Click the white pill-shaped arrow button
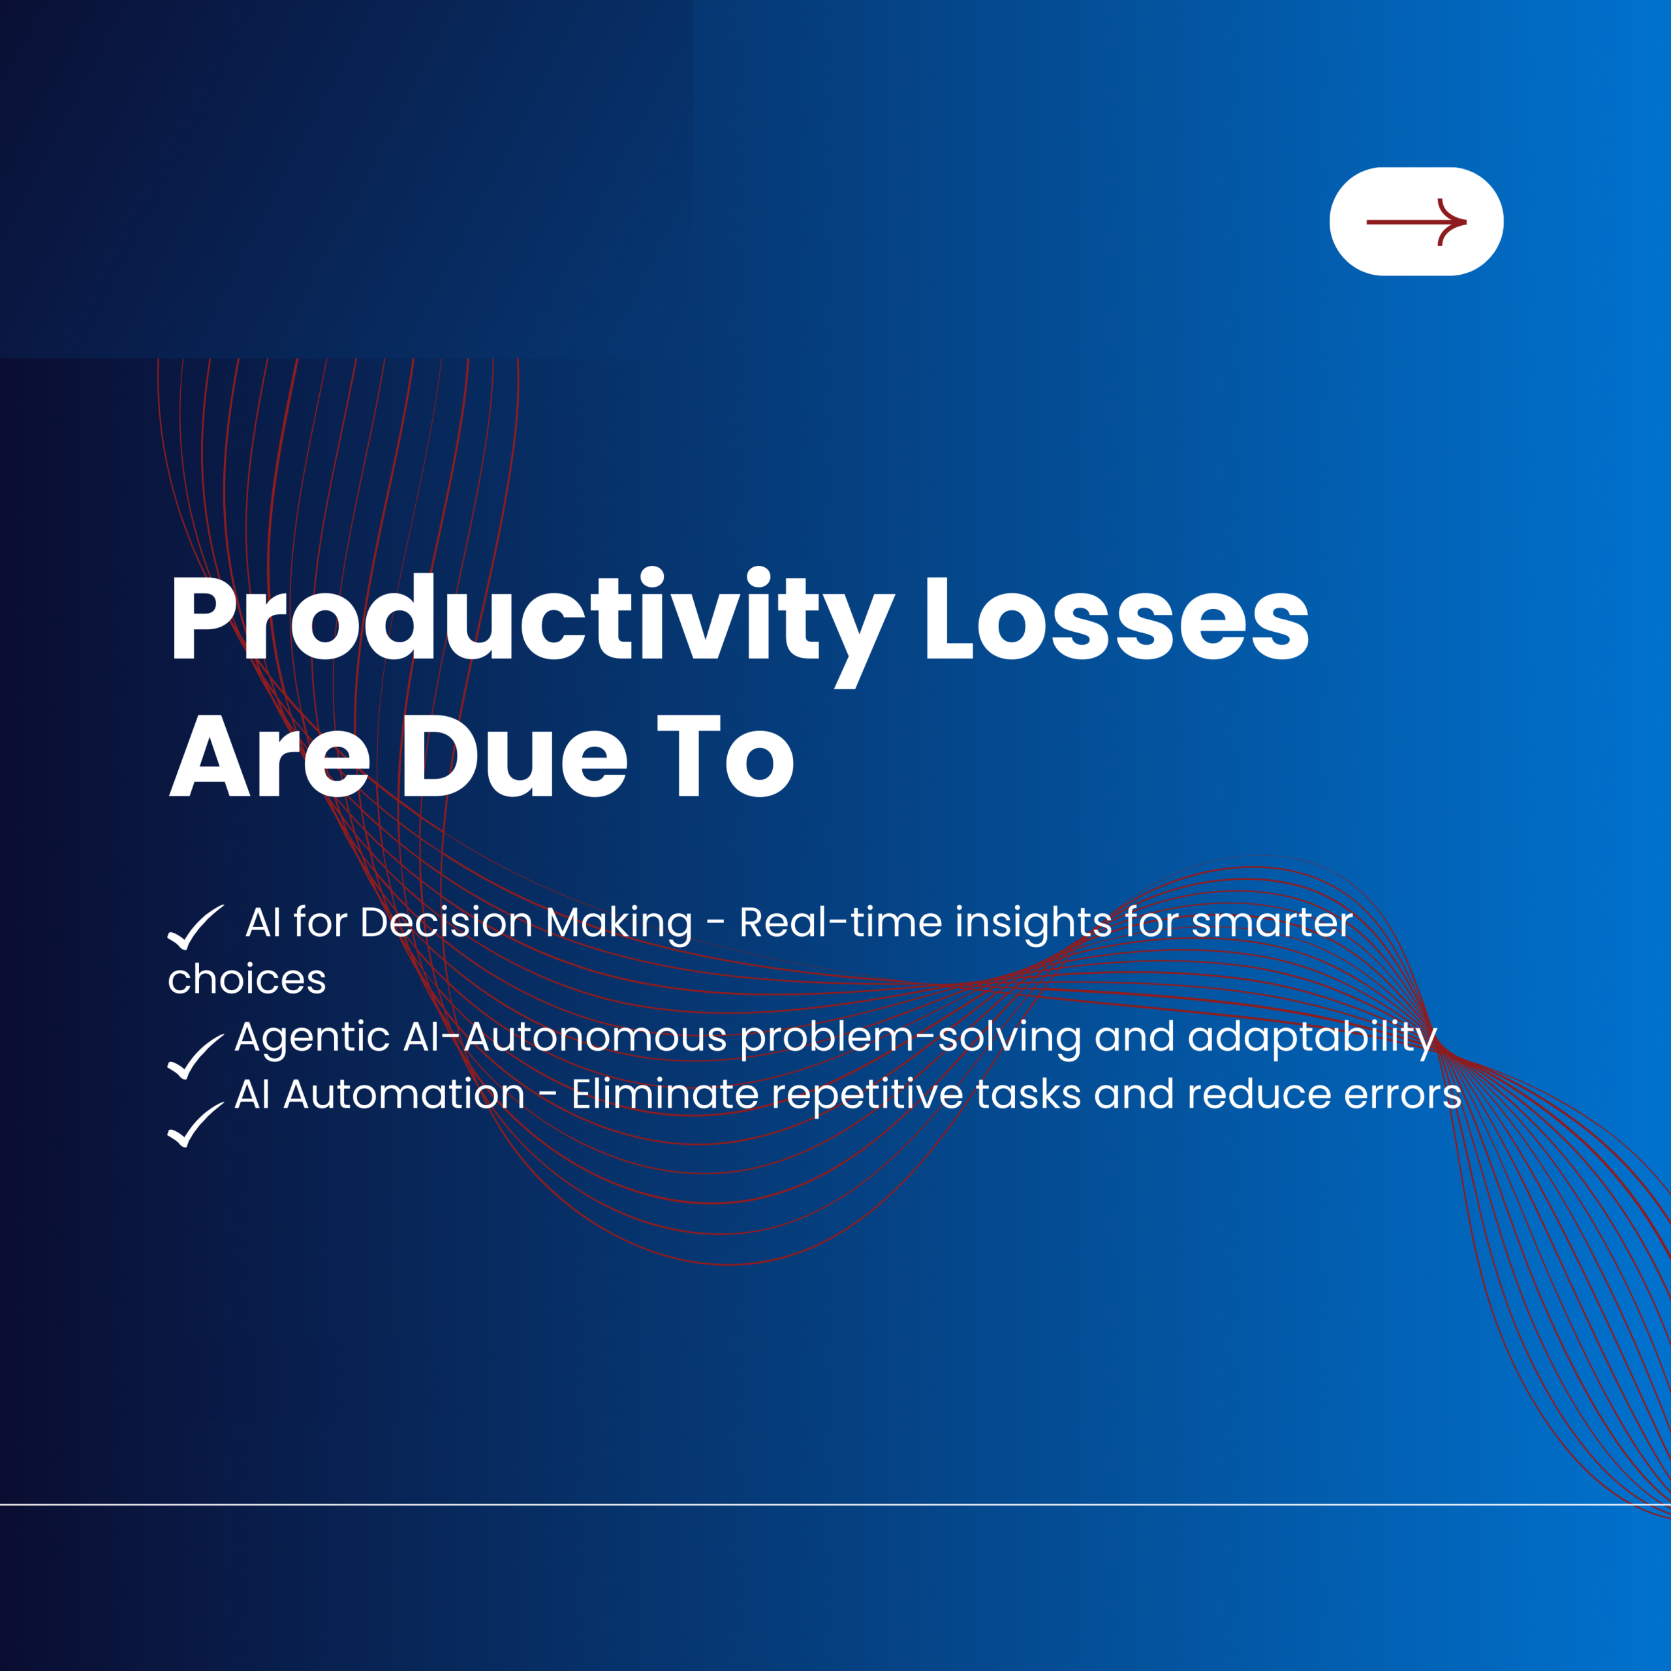coord(1416,221)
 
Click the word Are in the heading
coord(269,757)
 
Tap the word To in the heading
coord(725,757)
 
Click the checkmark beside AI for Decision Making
coord(195,927)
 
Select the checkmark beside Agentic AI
coord(195,1056)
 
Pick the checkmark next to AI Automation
coord(195,1125)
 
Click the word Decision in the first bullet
coord(445,923)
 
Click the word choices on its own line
coord(247,980)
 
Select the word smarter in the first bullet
coord(1272,923)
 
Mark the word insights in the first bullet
coord(1033,923)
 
